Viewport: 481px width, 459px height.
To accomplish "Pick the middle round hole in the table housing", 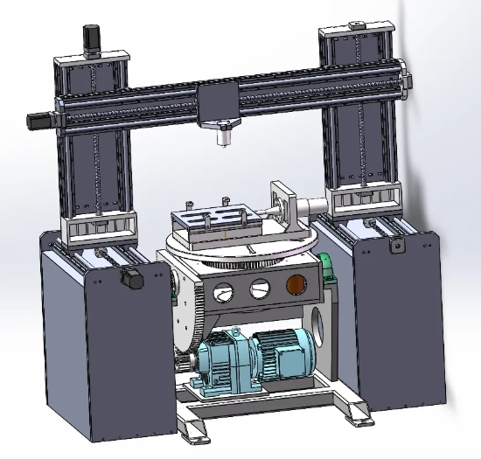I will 260,288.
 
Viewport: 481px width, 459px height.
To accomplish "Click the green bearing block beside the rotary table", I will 327,267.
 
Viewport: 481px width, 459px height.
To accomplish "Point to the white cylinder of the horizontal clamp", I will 310,207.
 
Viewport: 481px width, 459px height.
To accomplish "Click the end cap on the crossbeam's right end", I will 404,81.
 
